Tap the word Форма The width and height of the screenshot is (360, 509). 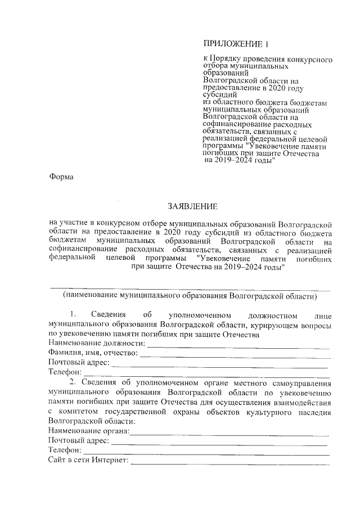[61, 177]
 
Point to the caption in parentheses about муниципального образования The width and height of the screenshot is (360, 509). [190, 295]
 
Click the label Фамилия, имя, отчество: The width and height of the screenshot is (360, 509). [93, 353]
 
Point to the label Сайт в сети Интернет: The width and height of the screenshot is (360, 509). [89, 460]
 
